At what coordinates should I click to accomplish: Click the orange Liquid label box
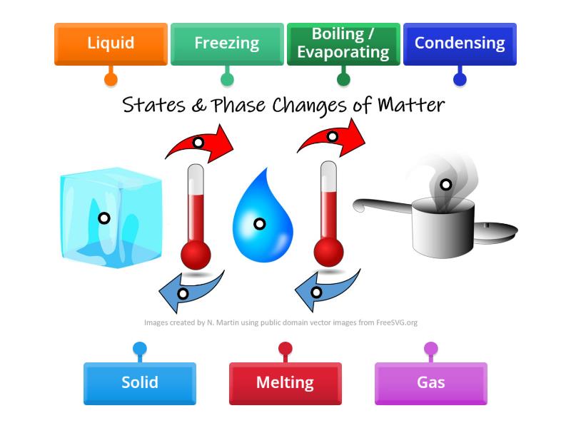111,43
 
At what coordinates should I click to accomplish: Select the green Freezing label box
226,43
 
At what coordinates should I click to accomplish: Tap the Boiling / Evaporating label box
343,43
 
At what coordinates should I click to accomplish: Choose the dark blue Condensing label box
459,43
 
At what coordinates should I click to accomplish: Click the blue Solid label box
139,382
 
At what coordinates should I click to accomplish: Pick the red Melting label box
285,382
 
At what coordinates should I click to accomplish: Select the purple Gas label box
430,382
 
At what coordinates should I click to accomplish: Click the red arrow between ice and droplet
200,142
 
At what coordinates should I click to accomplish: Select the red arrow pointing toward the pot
333,137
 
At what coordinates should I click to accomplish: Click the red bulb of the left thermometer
196,254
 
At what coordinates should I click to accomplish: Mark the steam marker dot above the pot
445,185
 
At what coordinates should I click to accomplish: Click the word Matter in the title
410,106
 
